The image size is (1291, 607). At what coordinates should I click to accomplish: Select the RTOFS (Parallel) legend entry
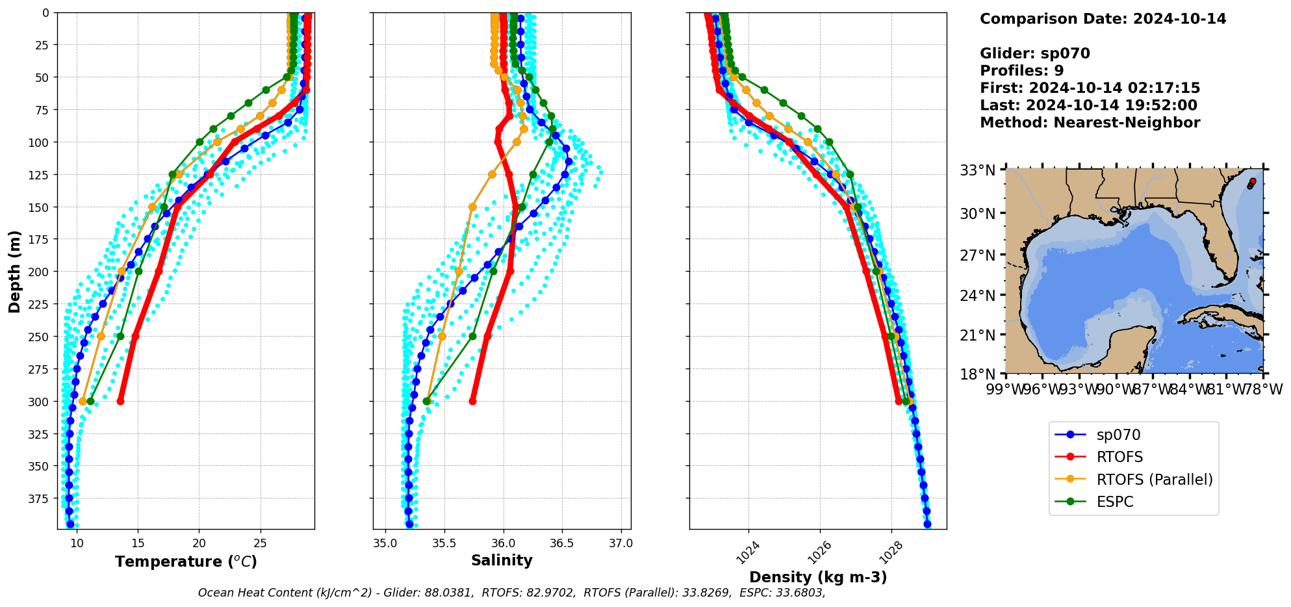(x=1154, y=480)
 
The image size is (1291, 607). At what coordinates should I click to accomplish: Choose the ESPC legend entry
(x=1114, y=502)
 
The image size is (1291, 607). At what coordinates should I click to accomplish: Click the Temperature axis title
(x=186, y=562)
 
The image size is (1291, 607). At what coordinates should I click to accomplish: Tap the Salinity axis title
(x=502, y=560)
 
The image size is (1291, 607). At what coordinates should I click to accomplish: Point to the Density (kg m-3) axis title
(x=817, y=577)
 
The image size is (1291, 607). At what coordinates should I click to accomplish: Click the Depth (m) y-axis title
(x=14, y=271)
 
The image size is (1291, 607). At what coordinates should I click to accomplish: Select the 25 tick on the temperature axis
(x=260, y=543)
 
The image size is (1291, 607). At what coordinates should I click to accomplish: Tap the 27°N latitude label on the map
(x=978, y=255)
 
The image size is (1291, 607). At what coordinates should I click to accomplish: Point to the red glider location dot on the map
(x=1253, y=181)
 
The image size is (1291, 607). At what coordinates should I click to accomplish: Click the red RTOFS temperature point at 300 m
(x=120, y=401)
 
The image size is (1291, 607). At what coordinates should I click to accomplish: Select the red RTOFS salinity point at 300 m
(x=472, y=401)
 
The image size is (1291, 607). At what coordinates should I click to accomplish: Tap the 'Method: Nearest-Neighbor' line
(x=1090, y=123)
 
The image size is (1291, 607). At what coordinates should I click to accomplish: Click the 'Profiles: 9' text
(x=1021, y=71)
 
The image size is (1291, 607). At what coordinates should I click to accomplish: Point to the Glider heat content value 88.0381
(x=449, y=593)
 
